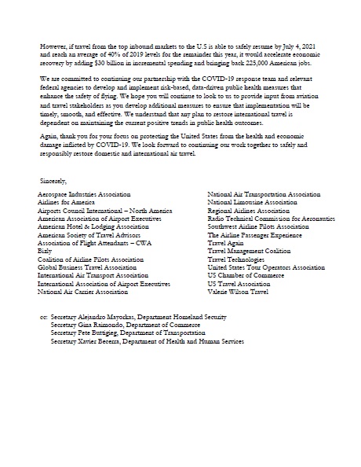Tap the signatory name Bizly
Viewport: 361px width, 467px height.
(x=46, y=251)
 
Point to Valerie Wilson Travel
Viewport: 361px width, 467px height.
(x=238, y=292)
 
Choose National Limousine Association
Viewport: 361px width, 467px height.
(x=252, y=202)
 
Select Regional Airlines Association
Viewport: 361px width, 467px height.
(x=248, y=210)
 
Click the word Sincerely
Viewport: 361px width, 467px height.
(x=53, y=180)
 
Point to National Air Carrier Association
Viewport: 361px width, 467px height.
(x=82, y=292)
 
